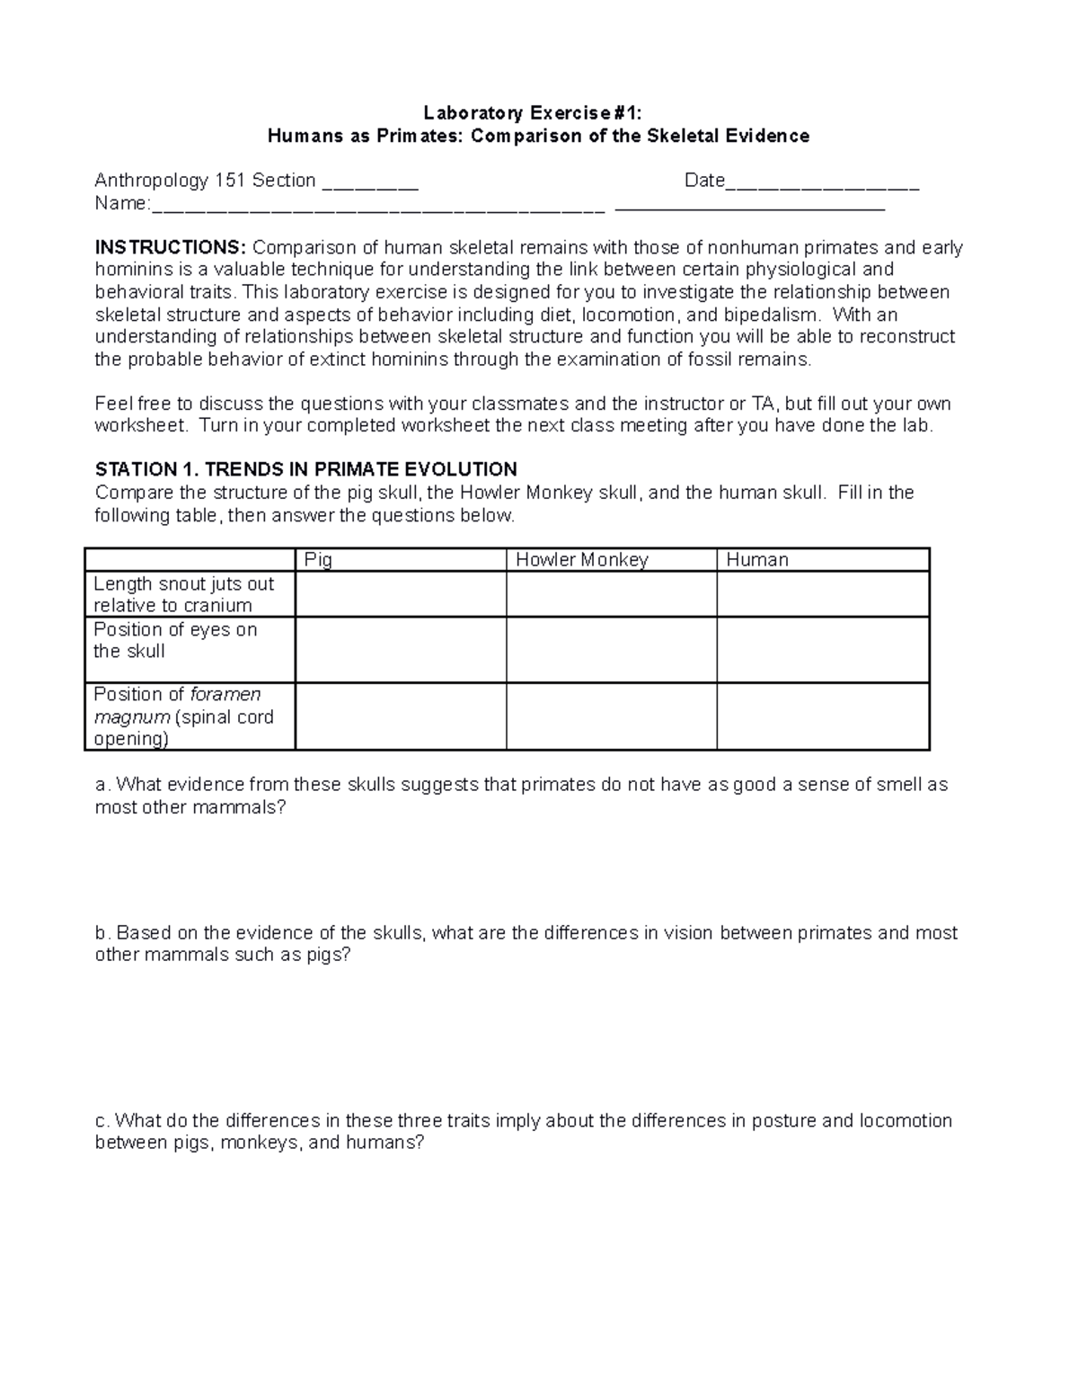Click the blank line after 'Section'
pos(369,182)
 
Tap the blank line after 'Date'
pos(821,182)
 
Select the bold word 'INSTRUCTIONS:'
pos(170,247)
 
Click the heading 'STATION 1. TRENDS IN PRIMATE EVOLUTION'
pos(305,469)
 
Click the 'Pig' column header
pos(318,559)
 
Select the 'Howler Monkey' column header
pos(581,559)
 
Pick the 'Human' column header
pos(756,559)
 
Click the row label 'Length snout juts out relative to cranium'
pos(183,594)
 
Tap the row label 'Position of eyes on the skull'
pos(175,640)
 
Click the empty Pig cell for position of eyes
pos(400,649)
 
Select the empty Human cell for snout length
pos(822,594)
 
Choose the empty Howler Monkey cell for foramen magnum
pos(611,716)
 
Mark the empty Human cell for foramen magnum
pos(822,716)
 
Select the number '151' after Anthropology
pos(230,181)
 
